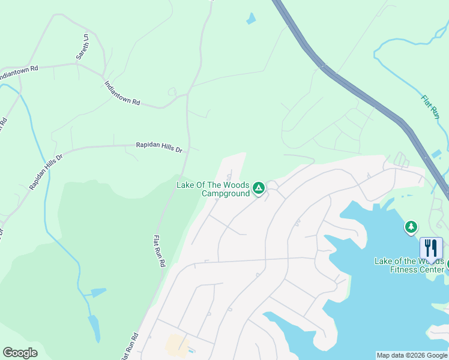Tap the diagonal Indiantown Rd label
click(x=122, y=94)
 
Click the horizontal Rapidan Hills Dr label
click(x=158, y=146)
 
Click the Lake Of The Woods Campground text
click(x=213, y=189)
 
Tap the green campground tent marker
click(x=259, y=188)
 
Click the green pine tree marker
click(x=411, y=227)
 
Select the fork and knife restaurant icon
click(x=431, y=247)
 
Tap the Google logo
click(x=20, y=353)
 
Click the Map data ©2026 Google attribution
click(x=412, y=355)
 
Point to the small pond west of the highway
click(x=250, y=19)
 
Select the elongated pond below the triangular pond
click(x=94, y=329)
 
